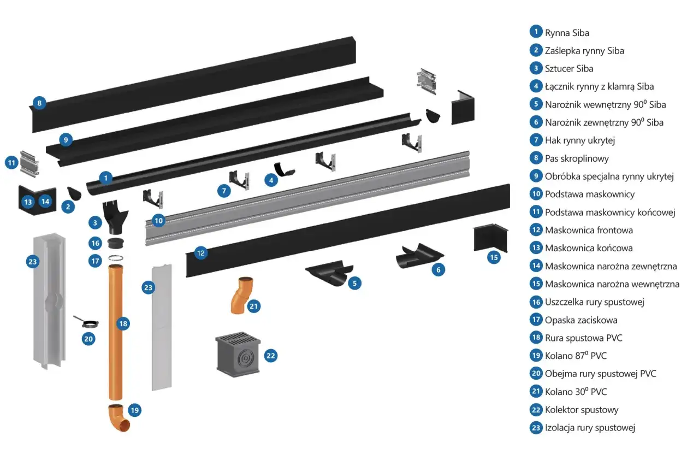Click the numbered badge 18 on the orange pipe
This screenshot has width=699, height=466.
(x=123, y=324)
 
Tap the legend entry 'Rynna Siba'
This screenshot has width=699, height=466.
(x=567, y=33)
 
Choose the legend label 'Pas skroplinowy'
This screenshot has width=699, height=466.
(x=577, y=158)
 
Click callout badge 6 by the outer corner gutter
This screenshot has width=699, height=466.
(x=437, y=269)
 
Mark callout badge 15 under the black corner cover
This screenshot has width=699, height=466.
(x=494, y=257)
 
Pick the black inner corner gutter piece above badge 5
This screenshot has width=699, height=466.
(x=328, y=273)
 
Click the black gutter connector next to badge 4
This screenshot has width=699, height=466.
(x=285, y=170)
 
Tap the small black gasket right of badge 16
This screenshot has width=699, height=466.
(x=115, y=243)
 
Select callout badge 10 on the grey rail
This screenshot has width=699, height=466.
(x=158, y=220)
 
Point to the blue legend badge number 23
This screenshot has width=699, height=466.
(x=536, y=428)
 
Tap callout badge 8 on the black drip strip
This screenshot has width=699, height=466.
(x=39, y=102)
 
